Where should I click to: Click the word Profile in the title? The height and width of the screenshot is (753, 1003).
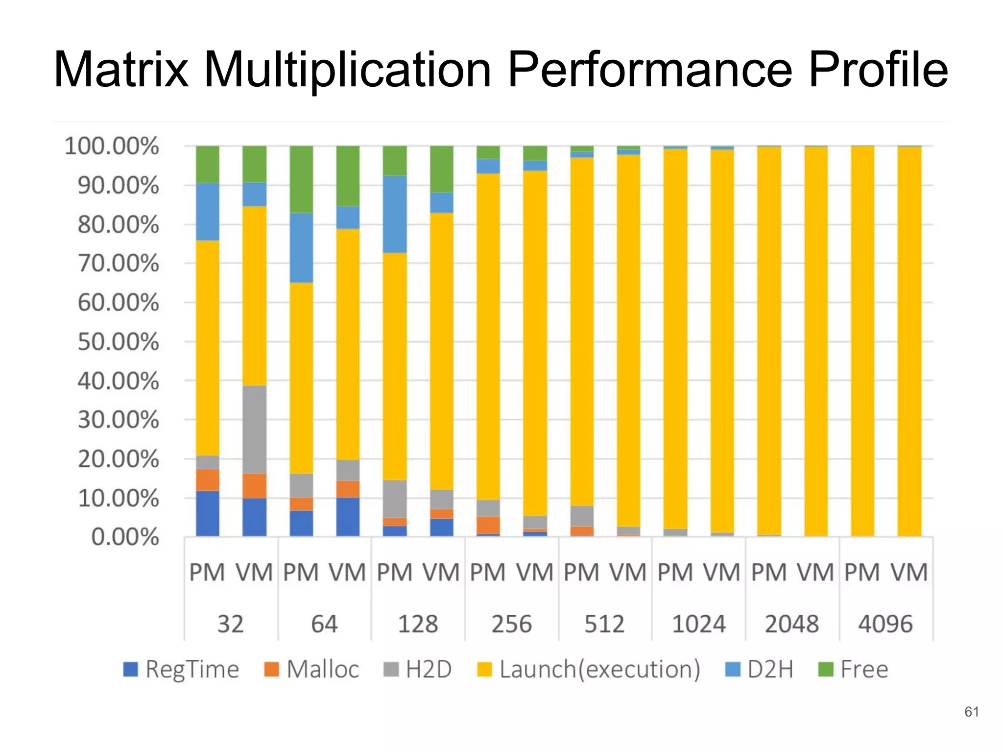coord(878,70)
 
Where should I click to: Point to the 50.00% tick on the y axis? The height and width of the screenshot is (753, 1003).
coord(118,342)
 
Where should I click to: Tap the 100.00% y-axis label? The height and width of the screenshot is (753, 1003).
coord(112,146)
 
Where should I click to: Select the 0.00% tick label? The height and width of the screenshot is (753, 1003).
coord(125,537)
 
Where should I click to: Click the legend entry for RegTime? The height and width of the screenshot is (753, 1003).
coord(181,669)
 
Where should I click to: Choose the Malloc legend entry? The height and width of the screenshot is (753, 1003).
coord(312,669)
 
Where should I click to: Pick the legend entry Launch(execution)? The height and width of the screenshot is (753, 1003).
coord(589,669)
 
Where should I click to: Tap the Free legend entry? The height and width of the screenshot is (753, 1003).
coord(853,669)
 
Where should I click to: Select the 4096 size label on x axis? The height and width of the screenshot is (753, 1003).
coord(885,624)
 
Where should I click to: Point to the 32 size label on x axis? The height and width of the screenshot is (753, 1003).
coord(230,624)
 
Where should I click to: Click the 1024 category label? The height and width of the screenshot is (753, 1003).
coord(698,624)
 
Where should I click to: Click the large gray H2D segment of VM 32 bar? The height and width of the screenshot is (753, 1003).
coord(255,429)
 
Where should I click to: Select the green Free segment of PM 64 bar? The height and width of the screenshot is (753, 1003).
coord(301,179)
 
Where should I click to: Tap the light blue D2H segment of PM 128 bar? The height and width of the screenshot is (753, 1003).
coord(395,214)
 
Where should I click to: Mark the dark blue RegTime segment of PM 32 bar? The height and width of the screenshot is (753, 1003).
coord(208,513)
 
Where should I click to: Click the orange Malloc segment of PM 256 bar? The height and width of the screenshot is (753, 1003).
coord(488,525)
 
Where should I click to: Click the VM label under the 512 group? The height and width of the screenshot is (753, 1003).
coord(628,573)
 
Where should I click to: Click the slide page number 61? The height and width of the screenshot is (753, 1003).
coord(971,712)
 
